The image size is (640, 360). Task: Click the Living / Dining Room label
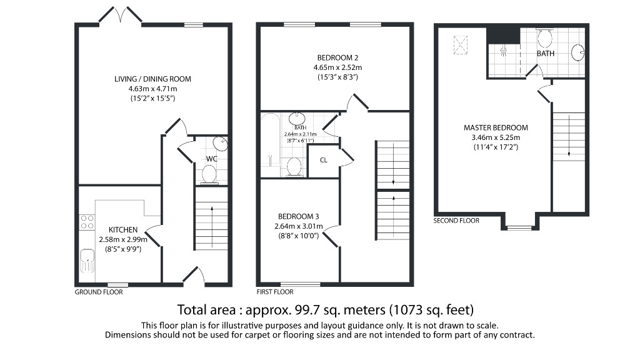[x=152, y=79]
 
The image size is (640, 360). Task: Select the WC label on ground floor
[x=212, y=159]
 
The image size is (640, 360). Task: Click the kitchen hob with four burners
[x=87, y=222]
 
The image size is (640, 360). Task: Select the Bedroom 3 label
[x=299, y=217]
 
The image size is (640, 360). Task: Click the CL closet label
[x=323, y=160]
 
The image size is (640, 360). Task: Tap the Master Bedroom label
[x=496, y=128]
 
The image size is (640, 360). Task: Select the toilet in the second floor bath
[x=544, y=39]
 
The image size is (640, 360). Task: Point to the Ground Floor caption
[x=99, y=292]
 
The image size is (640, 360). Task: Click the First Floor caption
[x=275, y=292]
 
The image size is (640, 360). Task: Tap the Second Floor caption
[x=456, y=221]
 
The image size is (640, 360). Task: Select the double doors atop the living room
[x=121, y=16]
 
